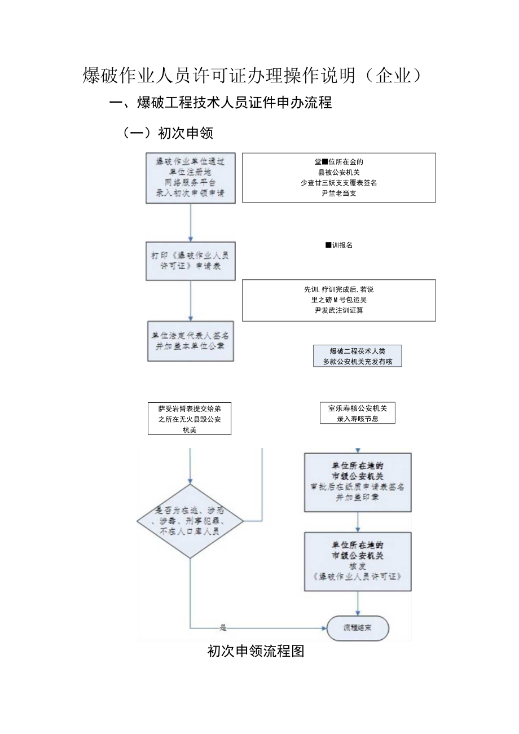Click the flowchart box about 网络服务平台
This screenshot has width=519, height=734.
pyautogui.click(x=190, y=177)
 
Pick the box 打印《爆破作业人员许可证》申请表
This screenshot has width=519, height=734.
pyautogui.click(x=190, y=261)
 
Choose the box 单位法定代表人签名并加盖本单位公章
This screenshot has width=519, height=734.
pyautogui.click(x=190, y=341)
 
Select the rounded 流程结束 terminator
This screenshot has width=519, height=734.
pyautogui.click(x=358, y=627)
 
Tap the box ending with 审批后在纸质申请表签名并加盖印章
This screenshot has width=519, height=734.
pyautogui.click(x=358, y=482)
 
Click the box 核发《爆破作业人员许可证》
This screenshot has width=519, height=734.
pyautogui.click(x=358, y=561)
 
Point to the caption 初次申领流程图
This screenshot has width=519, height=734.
pyautogui.click(x=256, y=652)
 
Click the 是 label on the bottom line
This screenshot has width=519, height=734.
pyautogui.click(x=222, y=627)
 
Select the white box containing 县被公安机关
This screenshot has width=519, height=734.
pyautogui.click(x=338, y=177)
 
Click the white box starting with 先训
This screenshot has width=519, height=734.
pyautogui.click(x=338, y=300)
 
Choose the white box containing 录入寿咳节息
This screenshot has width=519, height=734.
pyautogui.click(x=357, y=413)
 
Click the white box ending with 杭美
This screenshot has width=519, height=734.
pyautogui.click(x=190, y=419)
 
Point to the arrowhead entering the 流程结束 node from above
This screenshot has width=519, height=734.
pyautogui.click(x=358, y=613)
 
